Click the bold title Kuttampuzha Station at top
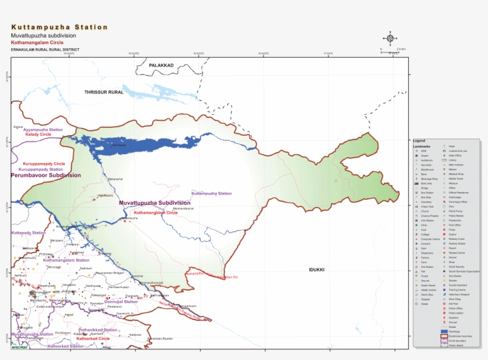coord(60,27)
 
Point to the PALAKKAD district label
coord(161,65)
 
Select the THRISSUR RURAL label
coord(104,92)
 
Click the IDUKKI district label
coord(316,270)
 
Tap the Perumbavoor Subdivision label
coord(45,176)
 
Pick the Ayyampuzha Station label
coord(43,130)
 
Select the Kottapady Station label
coord(28,233)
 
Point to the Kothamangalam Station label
coord(66,260)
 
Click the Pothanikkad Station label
coord(98,330)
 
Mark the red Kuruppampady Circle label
coord(43,164)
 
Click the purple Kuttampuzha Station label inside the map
coord(211,193)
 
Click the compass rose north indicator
coord(390,39)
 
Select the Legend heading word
coord(419,140)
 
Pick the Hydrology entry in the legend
coord(455,331)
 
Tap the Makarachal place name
coord(115,179)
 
